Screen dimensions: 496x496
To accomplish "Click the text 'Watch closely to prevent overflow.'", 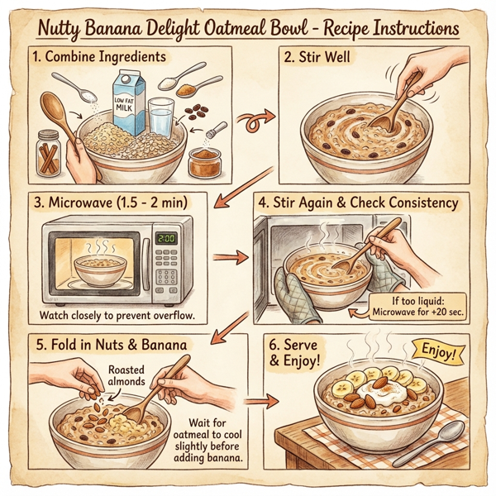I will (119, 316).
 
